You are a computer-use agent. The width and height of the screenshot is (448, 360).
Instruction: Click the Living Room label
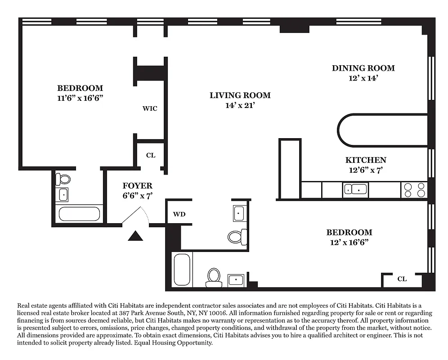pyautogui.click(x=240, y=95)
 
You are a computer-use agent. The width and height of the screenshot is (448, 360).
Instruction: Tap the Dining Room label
pyautogui.click(x=363, y=68)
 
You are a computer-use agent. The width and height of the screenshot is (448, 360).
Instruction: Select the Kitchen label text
pyautogui.click(x=366, y=160)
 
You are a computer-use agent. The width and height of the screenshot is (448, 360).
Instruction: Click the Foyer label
pyautogui.click(x=137, y=185)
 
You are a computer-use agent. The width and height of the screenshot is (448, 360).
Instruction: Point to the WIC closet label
pyautogui.click(x=150, y=108)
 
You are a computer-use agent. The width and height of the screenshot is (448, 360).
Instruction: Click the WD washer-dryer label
pyautogui.click(x=179, y=214)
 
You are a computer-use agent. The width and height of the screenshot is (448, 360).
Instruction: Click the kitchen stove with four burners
pyautogui.click(x=414, y=190)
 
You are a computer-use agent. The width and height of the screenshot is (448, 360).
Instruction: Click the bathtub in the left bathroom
pyautogui.click(x=79, y=213)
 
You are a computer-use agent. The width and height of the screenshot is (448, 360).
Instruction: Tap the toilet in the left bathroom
pyautogui.click(x=63, y=180)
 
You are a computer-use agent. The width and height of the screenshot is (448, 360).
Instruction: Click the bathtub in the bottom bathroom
pyautogui.click(x=182, y=269)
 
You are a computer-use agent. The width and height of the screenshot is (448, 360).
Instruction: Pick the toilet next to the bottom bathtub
pyautogui.click(x=214, y=277)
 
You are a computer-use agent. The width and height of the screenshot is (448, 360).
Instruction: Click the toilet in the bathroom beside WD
pyautogui.click(x=237, y=236)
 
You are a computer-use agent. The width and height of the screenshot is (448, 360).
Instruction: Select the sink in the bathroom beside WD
pyautogui.click(x=239, y=213)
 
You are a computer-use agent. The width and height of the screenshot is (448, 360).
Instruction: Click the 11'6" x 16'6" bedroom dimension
pyautogui.click(x=80, y=98)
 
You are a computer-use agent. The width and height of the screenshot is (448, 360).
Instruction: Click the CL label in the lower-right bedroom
pyautogui.click(x=402, y=279)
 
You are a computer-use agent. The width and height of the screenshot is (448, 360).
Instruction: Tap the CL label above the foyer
pyautogui.click(x=151, y=155)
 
